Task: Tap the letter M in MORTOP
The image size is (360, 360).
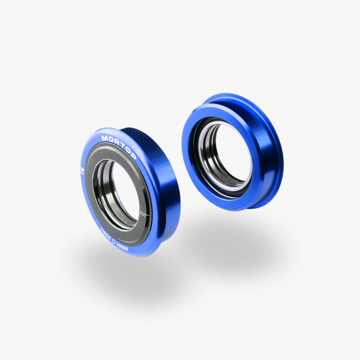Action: pyautogui.click(x=105, y=138)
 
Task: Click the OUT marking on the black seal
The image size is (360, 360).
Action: pyautogui.click(x=143, y=214)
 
